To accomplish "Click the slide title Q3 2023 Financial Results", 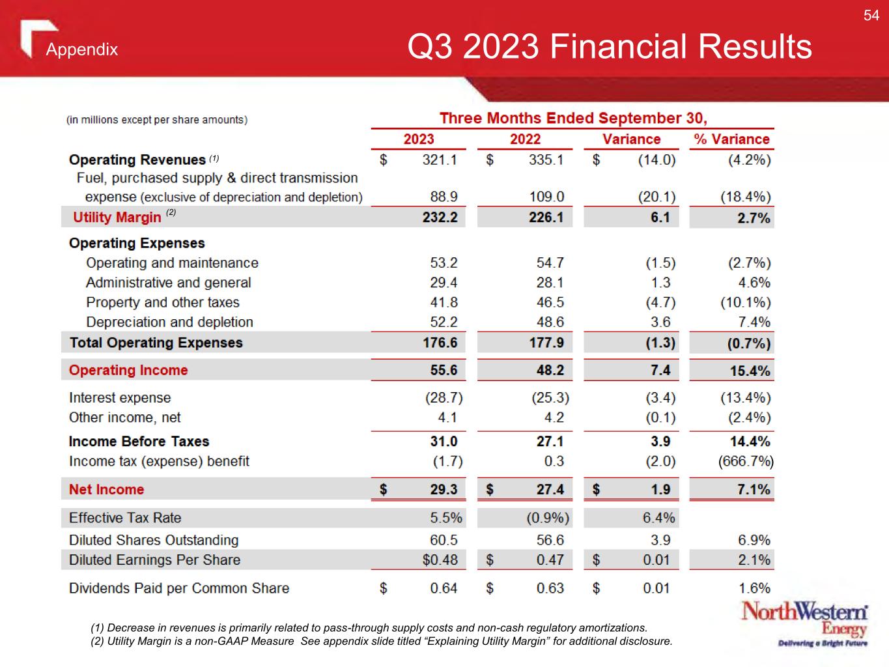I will pos(609,47).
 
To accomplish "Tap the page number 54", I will pos(871,16).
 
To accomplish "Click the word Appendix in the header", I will pos(82,50).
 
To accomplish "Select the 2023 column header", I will pos(419,139).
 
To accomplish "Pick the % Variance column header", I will pos(731,139).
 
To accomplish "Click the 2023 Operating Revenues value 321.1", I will pos(440,160).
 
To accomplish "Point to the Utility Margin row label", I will pos(117,218).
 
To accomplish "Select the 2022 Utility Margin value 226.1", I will pos(546,218).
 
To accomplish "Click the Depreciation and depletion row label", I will pos(169,322).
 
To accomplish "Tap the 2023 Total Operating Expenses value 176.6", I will pos(440,343).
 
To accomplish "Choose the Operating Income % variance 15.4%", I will pos(750,371).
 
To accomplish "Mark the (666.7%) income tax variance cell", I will pos(746,462).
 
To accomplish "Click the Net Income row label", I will pos(106,489).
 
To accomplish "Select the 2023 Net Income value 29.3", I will pos(444,489).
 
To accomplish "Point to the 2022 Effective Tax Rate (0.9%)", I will pos(548,518).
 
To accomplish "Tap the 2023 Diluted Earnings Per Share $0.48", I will pos(440,560).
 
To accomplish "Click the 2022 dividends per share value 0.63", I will pos(550,588).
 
